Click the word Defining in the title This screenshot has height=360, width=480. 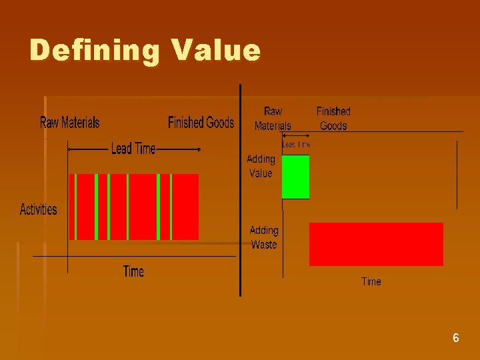pyautogui.click(x=93, y=51)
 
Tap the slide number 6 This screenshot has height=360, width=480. pyautogui.click(x=455, y=338)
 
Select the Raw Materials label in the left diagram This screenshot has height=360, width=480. pyautogui.click(x=70, y=122)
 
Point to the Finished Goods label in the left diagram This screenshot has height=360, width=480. pyautogui.click(x=201, y=122)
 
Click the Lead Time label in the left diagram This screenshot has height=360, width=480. pyautogui.click(x=133, y=149)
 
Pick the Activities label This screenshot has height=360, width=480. pyautogui.click(x=39, y=209)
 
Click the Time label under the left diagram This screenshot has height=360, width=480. pyautogui.click(x=133, y=271)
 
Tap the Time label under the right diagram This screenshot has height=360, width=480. pyautogui.click(x=371, y=281)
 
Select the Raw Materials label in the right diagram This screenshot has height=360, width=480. pyautogui.click(x=273, y=118)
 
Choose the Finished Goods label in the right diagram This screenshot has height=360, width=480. pyautogui.click(x=333, y=118)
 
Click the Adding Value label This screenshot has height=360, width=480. pyautogui.click(x=261, y=166)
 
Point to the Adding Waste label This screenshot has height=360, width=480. pyautogui.click(x=264, y=237)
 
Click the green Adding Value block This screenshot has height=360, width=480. pyautogui.click(x=296, y=177)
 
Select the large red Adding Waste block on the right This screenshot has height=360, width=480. pyautogui.click(x=376, y=244)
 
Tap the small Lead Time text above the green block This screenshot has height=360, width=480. pyautogui.click(x=296, y=144)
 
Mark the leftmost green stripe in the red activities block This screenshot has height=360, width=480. pyautogui.click(x=76, y=207)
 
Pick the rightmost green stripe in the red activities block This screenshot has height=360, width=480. pyautogui.click(x=171, y=207)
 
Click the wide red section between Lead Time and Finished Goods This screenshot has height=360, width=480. pyautogui.click(x=185, y=207)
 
